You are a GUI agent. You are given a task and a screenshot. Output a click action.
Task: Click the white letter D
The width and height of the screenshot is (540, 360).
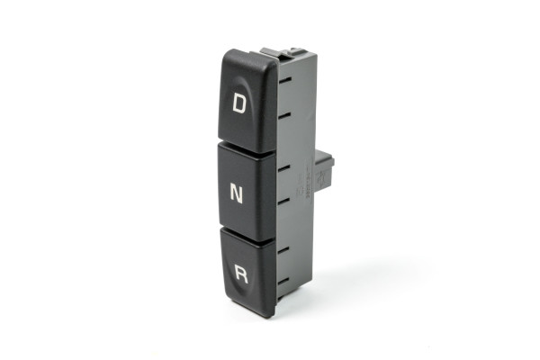(239, 103)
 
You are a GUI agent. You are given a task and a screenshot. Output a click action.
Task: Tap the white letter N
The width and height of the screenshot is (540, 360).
(236, 193)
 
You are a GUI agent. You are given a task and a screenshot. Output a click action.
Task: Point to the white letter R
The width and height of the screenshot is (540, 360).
(241, 274)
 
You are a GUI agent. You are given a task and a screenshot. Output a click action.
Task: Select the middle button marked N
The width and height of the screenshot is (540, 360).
(247, 192)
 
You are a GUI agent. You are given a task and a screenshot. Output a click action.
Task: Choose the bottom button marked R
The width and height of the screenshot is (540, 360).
(248, 272)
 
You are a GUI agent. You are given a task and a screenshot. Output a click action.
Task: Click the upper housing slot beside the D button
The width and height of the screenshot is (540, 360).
(285, 80)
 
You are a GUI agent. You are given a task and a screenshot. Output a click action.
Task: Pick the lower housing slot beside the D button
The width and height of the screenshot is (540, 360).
(285, 115)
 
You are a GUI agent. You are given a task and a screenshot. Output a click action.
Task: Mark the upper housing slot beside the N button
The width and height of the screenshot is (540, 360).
(283, 167)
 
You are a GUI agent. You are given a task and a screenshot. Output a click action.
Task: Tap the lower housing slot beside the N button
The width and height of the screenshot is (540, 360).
(284, 201)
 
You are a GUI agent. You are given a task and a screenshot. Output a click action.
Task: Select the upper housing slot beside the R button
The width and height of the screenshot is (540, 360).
(283, 249)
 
